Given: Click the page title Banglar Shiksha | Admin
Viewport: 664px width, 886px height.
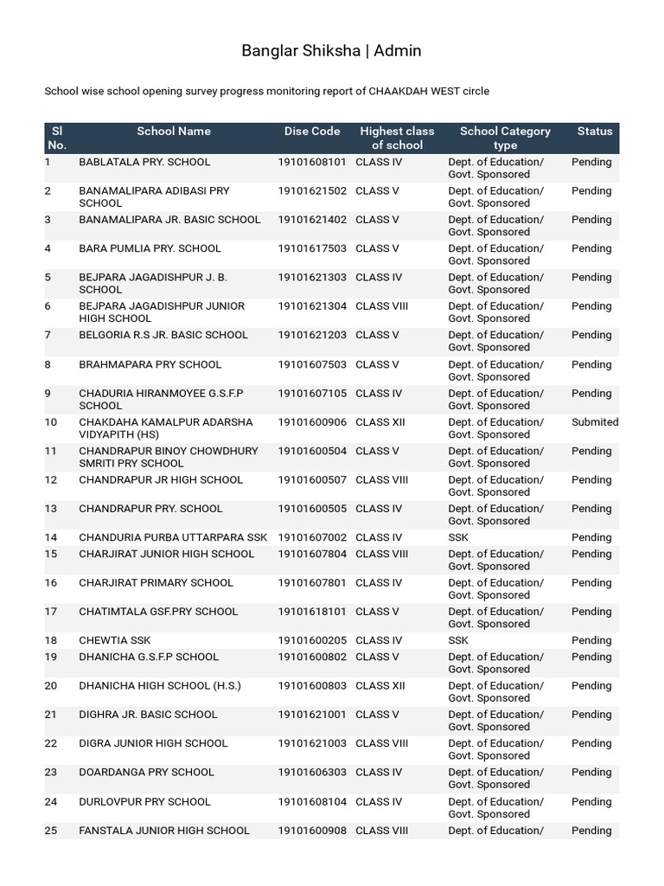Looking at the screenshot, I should (x=331, y=51).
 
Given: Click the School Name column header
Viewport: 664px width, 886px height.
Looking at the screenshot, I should (x=174, y=132).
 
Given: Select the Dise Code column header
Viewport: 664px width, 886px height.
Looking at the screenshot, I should (x=312, y=132).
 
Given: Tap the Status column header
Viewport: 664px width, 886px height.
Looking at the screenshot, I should (x=594, y=132).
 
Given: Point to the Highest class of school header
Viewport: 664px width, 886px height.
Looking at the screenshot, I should (x=397, y=138).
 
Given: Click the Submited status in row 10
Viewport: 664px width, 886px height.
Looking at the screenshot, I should (x=594, y=422).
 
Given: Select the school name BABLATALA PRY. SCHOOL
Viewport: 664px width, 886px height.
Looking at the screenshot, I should (x=144, y=162).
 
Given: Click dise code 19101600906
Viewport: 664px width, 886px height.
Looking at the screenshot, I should (x=312, y=422).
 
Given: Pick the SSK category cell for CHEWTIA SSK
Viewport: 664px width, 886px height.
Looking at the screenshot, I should (x=458, y=640).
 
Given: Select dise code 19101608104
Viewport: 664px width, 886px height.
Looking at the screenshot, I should (x=312, y=802).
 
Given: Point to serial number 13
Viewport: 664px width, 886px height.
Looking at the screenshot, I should (x=50, y=509).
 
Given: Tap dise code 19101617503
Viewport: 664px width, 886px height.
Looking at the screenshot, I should (x=312, y=248).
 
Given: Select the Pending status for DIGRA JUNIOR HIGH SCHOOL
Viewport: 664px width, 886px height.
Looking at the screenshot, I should (x=591, y=743).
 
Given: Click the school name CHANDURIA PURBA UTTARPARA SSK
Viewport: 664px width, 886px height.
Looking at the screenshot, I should (x=173, y=537).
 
